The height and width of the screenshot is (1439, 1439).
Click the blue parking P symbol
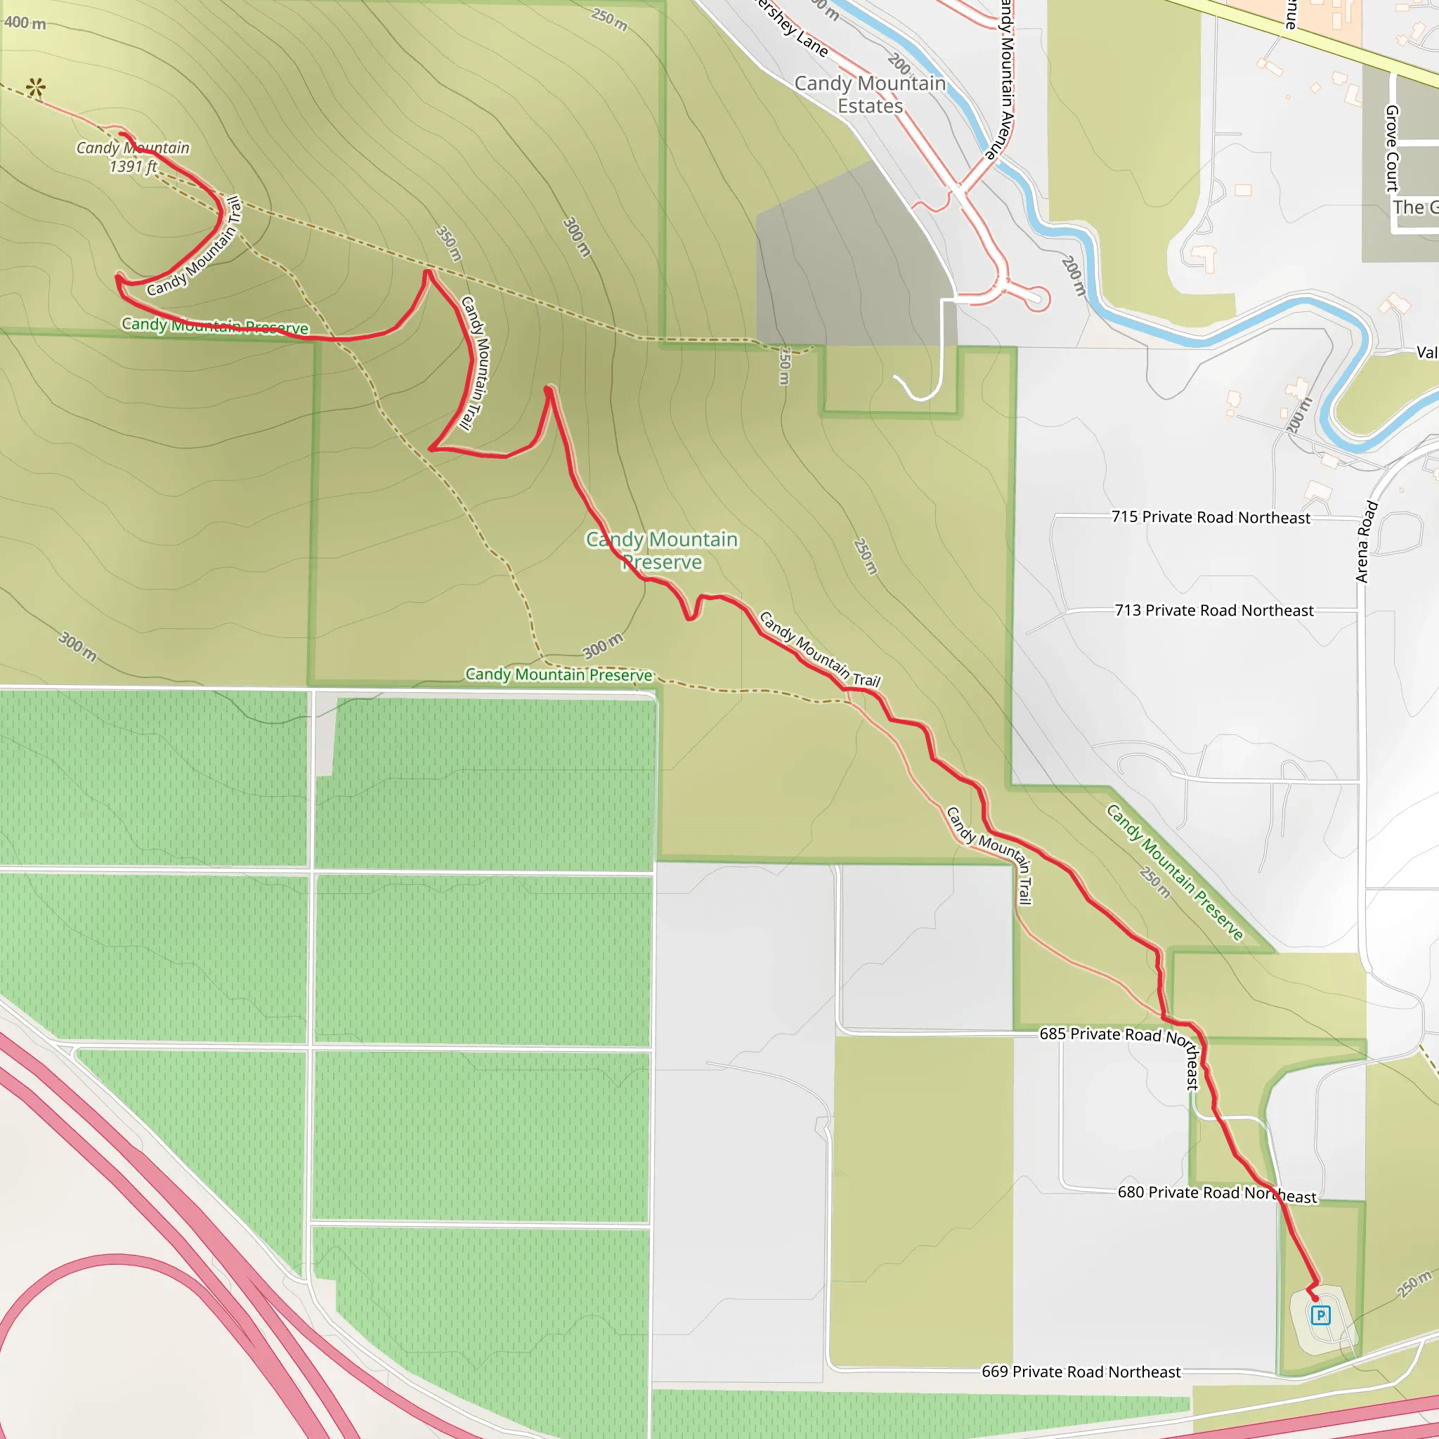[1320, 1315]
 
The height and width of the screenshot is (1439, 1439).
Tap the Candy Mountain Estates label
[870, 95]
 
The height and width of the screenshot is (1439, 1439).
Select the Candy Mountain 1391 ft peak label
[134, 157]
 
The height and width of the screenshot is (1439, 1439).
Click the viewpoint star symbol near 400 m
[35, 88]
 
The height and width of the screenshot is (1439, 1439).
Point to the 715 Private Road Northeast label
[1211, 517]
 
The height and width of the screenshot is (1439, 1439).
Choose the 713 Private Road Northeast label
[1214, 610]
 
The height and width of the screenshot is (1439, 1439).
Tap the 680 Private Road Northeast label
[1217, 1194]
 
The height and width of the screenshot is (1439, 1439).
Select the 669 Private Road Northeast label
[1081, 1372]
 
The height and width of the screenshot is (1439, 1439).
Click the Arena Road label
[1365, 542]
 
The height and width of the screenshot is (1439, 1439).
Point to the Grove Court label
[1391, 148]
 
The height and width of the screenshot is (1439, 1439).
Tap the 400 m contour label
[25, 23]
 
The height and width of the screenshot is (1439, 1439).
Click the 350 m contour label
[449, 244]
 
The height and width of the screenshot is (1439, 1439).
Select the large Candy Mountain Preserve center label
[662, 550]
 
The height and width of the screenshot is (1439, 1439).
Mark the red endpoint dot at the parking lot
[1315, 1298]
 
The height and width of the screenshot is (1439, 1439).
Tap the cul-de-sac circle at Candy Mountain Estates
[1037, 298]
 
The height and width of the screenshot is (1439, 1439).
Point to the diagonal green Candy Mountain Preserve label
[1174, 872]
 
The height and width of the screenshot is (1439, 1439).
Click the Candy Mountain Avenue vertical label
[1006, 78]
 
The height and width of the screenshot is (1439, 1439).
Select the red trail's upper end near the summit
[122, 134]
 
